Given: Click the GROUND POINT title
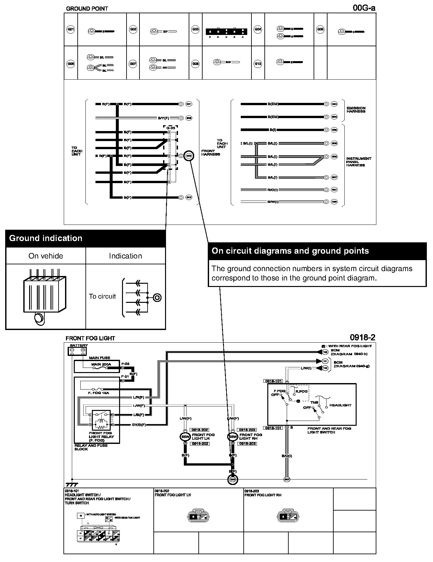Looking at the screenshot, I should (87, 9).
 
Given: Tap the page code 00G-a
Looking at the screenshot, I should (364, 8).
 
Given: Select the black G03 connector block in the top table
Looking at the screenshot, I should (226, 32).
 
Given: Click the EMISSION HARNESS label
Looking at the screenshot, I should (356, 110).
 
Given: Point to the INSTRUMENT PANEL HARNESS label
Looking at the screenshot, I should (359, 162).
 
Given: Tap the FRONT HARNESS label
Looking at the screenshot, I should (210, 153).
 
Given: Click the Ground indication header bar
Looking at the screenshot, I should (85, 238).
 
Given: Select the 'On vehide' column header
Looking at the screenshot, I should (46, 256).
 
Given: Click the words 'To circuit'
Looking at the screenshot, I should (102, 296).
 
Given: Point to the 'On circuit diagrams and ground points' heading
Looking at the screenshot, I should (290, 251).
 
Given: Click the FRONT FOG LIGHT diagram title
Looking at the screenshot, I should (90, 338).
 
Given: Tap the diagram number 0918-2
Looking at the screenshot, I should (362, 337).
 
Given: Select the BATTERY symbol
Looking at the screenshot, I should (77, 351).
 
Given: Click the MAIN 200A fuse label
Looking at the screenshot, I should (101, 364).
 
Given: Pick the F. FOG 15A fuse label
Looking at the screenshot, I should (98, 393).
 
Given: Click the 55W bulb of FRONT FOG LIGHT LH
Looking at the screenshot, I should (185, 437).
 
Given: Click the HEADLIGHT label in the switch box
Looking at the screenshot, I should (340, 405).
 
